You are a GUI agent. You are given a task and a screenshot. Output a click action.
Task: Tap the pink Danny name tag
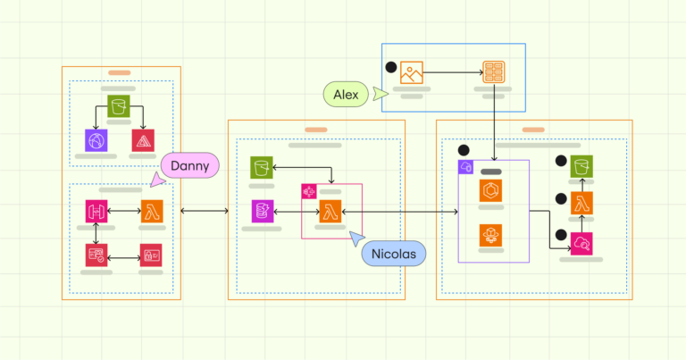[x=190, y=164]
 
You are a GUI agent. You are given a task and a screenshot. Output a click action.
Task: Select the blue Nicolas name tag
[x=394, y=255]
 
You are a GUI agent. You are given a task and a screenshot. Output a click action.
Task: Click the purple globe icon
[x=96, y=140]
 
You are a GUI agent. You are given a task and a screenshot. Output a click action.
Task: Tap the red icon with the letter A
[x=143, y=140]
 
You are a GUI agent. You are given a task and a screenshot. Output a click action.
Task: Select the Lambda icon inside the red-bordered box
[x=330, y=212]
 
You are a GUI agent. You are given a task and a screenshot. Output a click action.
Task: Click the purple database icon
[x=262, y=212]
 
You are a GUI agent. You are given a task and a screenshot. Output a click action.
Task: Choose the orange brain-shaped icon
[x=493, y=235]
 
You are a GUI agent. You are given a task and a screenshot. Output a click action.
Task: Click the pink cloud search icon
[x=582, y=242]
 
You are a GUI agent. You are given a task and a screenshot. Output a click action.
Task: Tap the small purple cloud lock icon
[x=465, y=167]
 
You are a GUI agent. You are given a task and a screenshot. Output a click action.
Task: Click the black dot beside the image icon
[x=390, y=67]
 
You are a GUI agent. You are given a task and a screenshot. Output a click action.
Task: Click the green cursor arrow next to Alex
[x=381, y=93]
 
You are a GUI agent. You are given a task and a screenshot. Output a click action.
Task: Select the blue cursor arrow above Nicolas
[x=356, y=239]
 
